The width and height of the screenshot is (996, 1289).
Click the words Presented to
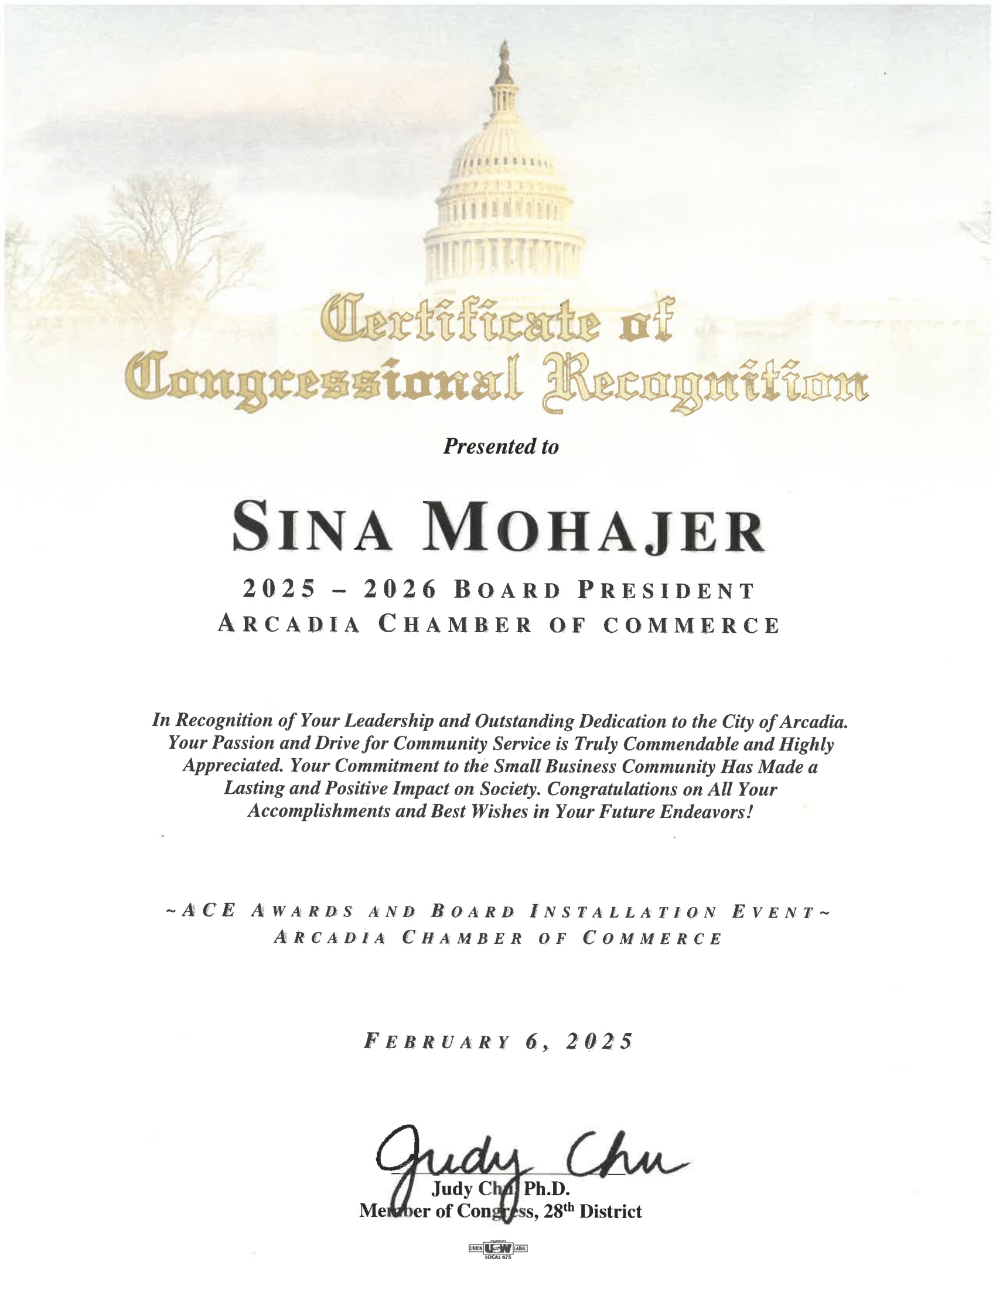(500, 447)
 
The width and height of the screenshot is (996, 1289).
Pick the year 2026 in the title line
(400, 589)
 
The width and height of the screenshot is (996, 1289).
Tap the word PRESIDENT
(666, 590)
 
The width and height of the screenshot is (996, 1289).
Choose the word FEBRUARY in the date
(436, 1041)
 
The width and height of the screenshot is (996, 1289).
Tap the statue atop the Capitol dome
(503, 59)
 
